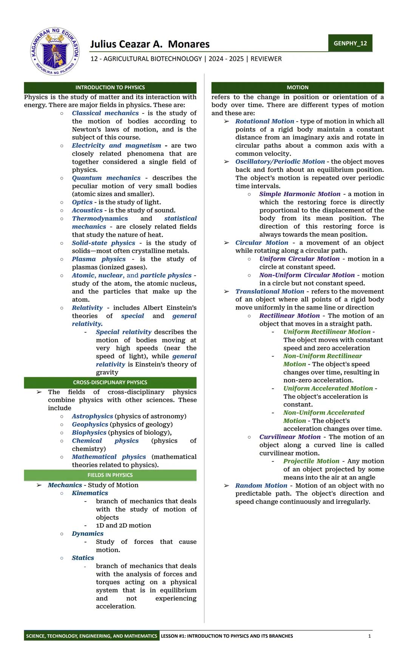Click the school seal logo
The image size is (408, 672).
tap(55, 51)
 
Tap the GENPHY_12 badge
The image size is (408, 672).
tap(350, 43)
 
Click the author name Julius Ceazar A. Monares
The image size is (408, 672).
tap(150, 44)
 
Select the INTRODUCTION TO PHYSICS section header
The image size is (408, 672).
tap(110, 87)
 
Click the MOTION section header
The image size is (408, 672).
tap(297, 87)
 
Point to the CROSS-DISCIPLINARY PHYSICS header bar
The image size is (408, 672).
tap(110, 382)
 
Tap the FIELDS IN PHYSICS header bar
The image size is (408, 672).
tap(110, 475)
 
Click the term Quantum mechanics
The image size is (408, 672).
tap(106, 178)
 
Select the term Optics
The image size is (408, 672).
tap(82, 202)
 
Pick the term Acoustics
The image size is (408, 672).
tap(87, 211)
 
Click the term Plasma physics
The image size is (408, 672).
tap(99, 259)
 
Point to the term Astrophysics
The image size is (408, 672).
tap(92, 416)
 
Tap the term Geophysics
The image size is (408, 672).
tap(90, 424)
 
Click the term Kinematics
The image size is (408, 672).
tap(90, 493)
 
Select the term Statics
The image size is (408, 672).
tap(83, 558)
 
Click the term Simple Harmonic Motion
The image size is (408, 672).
tap(300, 194)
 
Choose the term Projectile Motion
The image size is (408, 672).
tap(311, 461)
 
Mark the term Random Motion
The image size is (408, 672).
tap(261, 486)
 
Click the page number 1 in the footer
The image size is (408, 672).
tap(369, 636)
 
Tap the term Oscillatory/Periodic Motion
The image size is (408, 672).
tap(280, 162)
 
